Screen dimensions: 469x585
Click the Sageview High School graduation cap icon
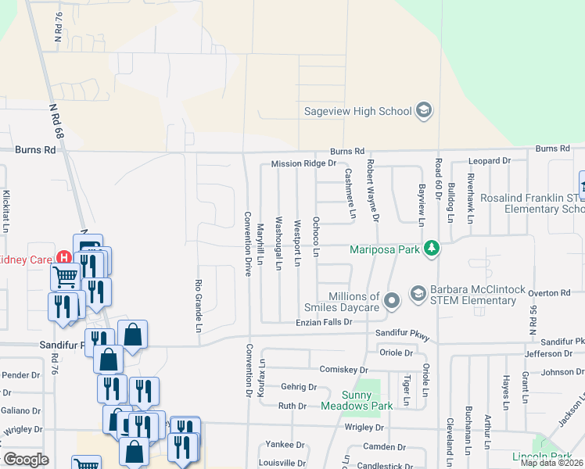point(424,109)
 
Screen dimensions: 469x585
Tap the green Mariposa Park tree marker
point(431,249)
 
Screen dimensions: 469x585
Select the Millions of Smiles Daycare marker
point(393,299)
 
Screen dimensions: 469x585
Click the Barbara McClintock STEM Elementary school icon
point(418,293)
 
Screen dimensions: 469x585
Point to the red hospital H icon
point(64,259)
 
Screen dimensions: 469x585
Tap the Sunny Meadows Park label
point(357,400)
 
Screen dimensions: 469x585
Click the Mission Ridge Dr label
point(303,164)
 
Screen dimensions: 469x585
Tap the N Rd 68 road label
point(54,124)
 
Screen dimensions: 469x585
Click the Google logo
point(26,459)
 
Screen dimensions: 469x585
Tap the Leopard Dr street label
point(489,161)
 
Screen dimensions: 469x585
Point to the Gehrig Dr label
point(299,387)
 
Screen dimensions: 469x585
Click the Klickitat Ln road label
point(6,211)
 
